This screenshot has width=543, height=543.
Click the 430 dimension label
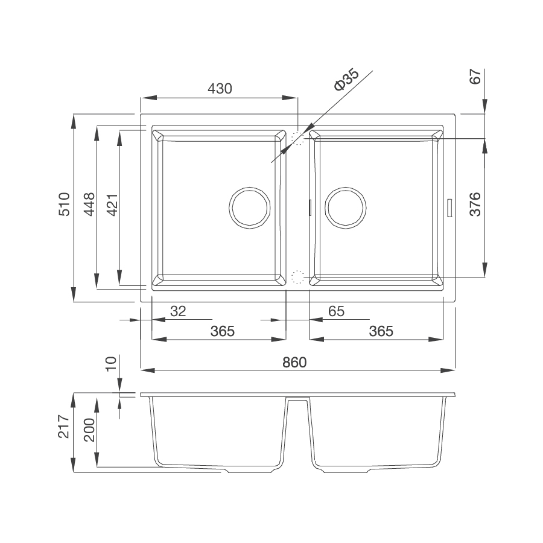[x=220, y=89]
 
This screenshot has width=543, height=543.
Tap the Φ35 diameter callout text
[x=346, y=80]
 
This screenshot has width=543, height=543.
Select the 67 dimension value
[x=475, y=77]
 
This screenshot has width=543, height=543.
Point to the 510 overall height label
[x=64, y=205]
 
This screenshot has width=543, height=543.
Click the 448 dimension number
[x=89, y=205]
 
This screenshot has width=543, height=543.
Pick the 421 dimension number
[x=113, y=205]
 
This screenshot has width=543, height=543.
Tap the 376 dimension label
[x=475, y=205]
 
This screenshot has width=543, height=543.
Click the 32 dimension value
[x=178, y=311]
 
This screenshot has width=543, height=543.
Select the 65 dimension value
[x=336, y=311]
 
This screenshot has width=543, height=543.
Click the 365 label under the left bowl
[x=222, y=331]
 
